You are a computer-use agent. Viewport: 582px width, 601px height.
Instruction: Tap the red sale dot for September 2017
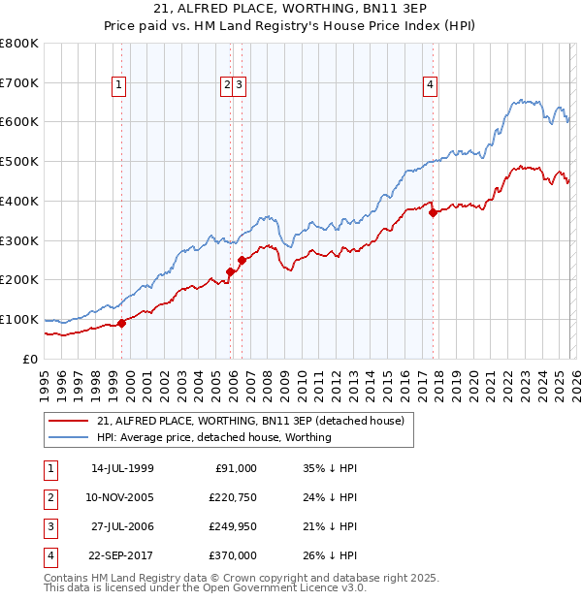pos(434,213)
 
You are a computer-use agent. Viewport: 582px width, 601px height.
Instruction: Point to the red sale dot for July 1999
pos(121,323)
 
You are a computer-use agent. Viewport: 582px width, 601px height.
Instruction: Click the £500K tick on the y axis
pos(19,162)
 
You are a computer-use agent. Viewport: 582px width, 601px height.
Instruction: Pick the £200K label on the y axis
pos(19,280)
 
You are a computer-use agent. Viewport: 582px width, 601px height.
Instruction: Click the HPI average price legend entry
pos(213,437)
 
